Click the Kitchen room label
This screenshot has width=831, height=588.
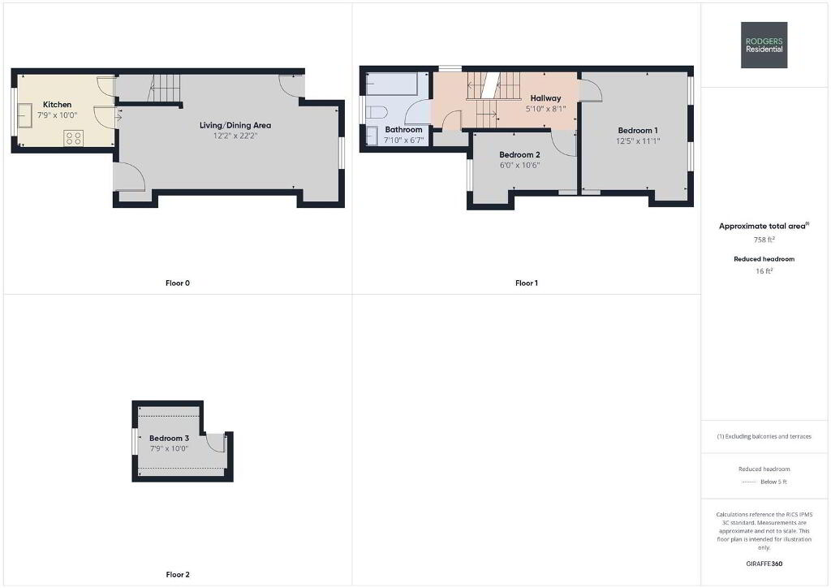click(x=58, y=105)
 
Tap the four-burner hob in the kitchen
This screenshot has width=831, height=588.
click(x=73, y=138)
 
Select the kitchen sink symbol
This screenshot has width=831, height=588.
click(x=25, y=116)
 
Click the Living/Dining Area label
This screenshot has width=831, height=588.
click(x=235, y=125)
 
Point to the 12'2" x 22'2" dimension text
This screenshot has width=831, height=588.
click(x=235, y=136)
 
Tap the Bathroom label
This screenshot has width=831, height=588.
click(x=404, y=129)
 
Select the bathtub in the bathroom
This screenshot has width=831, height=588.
click(x=392, y=84)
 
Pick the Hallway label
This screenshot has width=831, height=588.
click(x=545, y=98)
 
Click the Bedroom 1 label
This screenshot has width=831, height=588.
click(x=638, y=131)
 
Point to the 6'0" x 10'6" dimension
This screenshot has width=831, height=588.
click(x=519, y=166)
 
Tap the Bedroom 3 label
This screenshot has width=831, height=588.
click(x=169, y=438)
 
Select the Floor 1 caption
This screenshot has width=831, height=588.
click(x=526, y=283)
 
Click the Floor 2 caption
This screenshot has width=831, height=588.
click(x=178, y=574)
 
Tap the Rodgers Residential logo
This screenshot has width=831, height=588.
click(x=764, y=45)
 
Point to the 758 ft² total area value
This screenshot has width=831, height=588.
click(x=764, y=240)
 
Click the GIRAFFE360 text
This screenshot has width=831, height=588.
click(x=764, y=564)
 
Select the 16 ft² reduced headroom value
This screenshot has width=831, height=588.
click(x=764, y=271)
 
